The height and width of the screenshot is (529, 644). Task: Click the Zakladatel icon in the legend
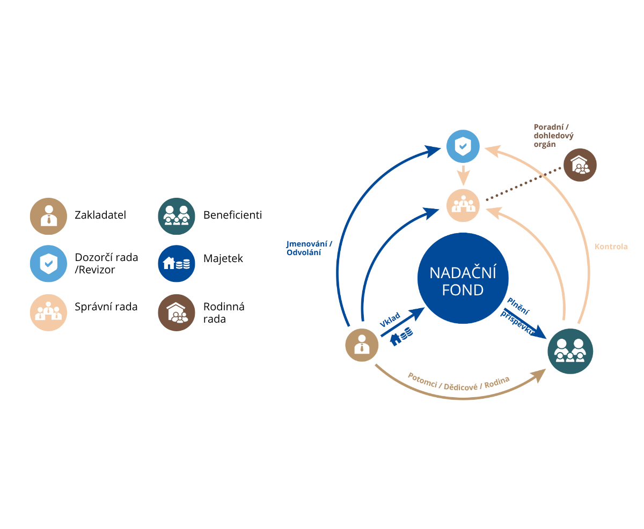(x=48, y=216)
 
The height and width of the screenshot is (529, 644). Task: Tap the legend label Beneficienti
(x=232, y=215)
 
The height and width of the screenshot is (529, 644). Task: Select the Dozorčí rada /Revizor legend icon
(x=48, y=264)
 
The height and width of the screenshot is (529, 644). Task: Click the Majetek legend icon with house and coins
(x=176, y=264)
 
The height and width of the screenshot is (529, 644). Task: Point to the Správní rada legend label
(x=106, y=307)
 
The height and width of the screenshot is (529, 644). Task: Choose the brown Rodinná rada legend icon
(x=176, y=312)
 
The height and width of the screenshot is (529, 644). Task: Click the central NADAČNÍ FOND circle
(x=463, y=278)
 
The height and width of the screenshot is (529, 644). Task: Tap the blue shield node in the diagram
(x=463, y=146)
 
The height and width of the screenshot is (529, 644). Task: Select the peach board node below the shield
(x=463, y=205)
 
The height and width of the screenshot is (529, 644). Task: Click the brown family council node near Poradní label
(x=580, y=165)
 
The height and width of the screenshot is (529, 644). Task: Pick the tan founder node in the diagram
(x=362, y=345)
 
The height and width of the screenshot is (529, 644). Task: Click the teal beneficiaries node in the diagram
(x=570, y=351)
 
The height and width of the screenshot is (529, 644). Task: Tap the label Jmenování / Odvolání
(x=309, y=248)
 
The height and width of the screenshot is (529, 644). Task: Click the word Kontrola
(x=611, y=247)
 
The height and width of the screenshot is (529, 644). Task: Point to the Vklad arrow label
(x=390, y=319)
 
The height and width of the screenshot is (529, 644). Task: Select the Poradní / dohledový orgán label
(x=553, y=136)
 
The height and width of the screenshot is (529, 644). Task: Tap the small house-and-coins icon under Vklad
(x=401, y=336)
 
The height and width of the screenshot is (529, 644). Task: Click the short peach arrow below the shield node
(x=463, y=176)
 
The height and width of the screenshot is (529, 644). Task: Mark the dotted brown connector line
(x=523, y=184)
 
